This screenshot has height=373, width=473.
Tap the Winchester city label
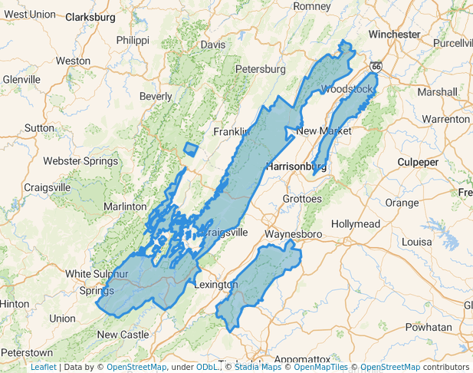(394, 35)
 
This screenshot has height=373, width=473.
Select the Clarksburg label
(90, 16)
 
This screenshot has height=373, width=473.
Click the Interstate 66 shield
(375, 66)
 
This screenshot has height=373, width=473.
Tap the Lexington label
(216, 285)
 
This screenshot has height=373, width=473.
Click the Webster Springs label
(79, 161)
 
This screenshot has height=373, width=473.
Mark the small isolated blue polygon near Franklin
(191, 150)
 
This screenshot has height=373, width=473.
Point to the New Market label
(324, 131)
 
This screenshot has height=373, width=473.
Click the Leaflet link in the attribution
(43, 367)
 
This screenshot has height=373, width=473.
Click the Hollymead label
(356, 223)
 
